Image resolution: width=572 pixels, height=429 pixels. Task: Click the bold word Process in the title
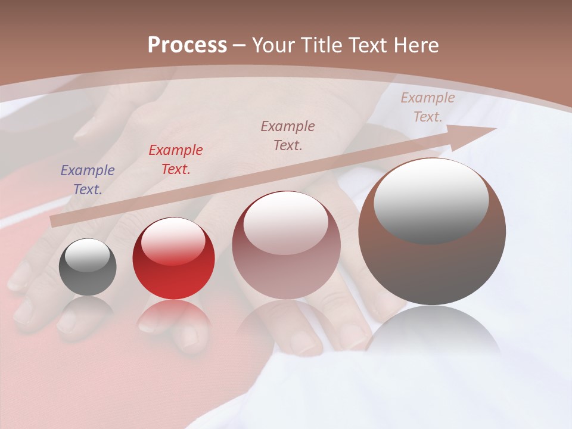click(x=187, y=45)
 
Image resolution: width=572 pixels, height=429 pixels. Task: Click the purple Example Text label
click(x=88, y=179)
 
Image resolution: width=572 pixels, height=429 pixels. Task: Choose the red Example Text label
click(x=176, y=159)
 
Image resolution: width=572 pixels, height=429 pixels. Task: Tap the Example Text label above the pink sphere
click(x=288, y=135)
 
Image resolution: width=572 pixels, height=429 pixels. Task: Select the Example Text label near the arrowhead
click(x=427, y=107)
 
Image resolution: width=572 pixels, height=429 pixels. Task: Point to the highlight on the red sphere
click(x=173, y=242)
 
